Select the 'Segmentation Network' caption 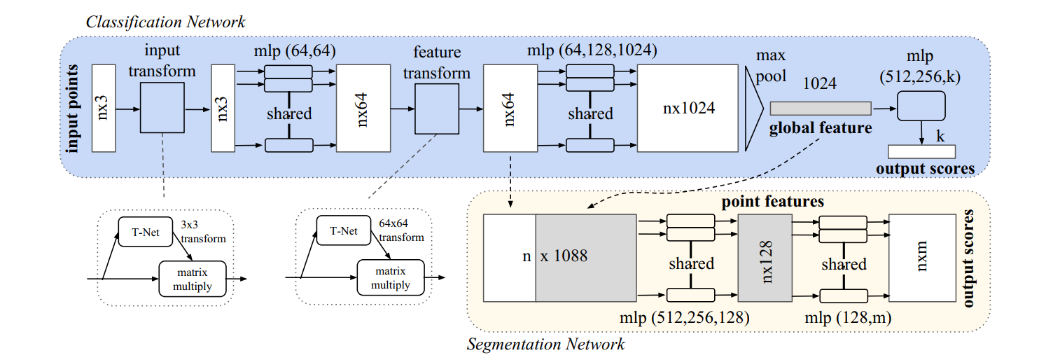545,344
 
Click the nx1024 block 688,108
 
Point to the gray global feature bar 821,108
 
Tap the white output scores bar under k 921,151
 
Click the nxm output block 921,258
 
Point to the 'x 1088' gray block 585,258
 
